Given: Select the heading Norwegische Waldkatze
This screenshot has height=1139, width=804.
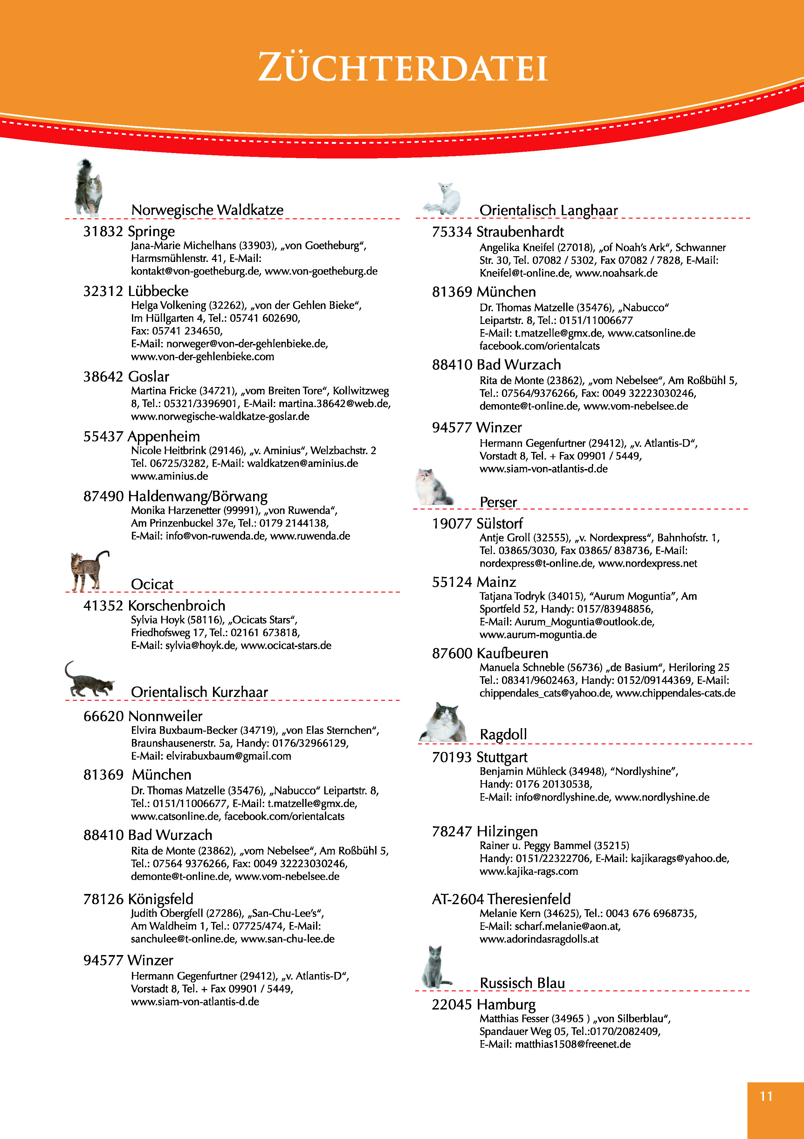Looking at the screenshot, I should coord(207,210).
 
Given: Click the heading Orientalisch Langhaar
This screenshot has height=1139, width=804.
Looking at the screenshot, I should coord(548,210).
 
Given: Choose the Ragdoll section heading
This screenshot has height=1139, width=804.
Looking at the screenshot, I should coord(503,734).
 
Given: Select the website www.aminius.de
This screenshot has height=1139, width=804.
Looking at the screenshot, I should coord(169,476).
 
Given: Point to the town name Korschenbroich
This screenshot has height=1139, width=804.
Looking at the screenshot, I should coord(176,606).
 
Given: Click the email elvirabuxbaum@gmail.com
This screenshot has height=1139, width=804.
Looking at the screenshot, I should coord(229,756).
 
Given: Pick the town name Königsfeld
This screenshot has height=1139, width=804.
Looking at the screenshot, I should coord(161,899).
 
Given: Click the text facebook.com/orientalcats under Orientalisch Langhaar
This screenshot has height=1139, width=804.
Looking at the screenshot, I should coord(539,346).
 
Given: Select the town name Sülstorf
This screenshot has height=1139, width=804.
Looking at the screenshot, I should coord(500,524).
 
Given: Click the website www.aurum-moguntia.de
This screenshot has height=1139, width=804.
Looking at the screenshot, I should coord(538,635).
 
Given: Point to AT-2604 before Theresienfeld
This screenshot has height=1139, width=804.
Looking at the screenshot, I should coord(457,899).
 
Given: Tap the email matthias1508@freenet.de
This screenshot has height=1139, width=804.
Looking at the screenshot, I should coord(573,1044).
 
